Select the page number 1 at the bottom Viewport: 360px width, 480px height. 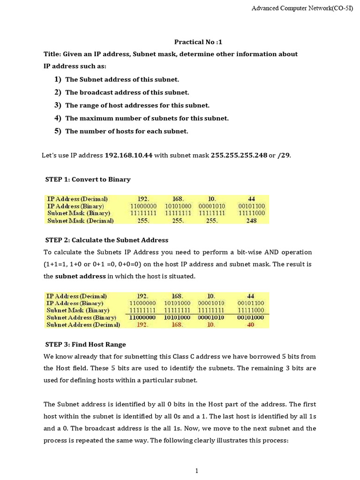click(x=197, y=471)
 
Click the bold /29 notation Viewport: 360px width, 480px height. click(x=284, y=156)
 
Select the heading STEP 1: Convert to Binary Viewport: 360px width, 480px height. click(x=88, y=180)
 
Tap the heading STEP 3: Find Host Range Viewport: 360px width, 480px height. click(x=85, y=345)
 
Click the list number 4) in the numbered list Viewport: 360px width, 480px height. click(x=58, y=118)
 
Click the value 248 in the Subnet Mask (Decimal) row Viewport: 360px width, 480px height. click(x=251, y=220)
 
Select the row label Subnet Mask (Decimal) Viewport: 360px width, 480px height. click(x=81, y=220)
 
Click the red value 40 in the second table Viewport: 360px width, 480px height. click(x=251, y=324)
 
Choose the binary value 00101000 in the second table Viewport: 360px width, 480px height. click(x=251, y=317)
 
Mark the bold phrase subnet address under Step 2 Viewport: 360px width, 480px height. click(x=80, y=277)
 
